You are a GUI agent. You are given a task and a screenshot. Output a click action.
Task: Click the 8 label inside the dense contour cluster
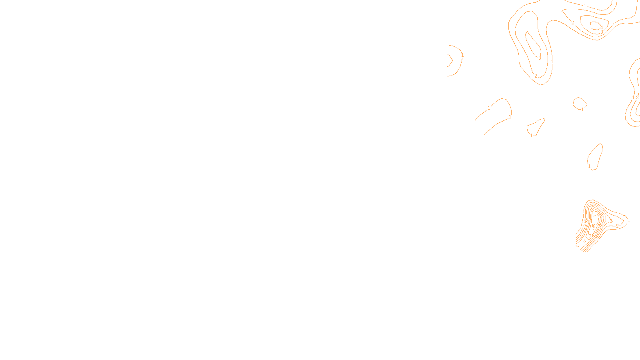[x=594, y=226]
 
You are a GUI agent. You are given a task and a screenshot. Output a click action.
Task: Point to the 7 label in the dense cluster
[x=590, y=236]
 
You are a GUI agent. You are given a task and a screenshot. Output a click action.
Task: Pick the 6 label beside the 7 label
[x=594, y=236]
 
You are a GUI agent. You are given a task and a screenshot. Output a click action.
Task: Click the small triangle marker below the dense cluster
[x=585, y=241]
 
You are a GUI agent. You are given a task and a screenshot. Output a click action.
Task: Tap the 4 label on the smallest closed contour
[x=601, y=28]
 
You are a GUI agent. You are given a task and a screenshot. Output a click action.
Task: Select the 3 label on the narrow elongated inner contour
[x=540, y=58]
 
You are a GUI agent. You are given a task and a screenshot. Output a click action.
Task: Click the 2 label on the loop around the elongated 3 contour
[x=536, y=76]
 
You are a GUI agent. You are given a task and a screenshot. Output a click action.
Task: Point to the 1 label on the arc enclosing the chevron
[x=462, y=55]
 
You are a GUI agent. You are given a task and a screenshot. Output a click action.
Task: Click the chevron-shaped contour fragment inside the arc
[x=450, y=60]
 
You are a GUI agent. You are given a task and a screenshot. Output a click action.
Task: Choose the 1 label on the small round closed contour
[x=582, y=109]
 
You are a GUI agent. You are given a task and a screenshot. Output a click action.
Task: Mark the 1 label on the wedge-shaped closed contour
[x=531, y=136]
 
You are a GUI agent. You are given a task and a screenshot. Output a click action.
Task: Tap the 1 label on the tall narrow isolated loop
[x=589, y=166]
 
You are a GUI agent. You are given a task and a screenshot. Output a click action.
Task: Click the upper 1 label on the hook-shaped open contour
[x=489, y=108]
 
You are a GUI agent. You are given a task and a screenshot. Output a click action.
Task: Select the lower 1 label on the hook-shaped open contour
[x=510, y=117]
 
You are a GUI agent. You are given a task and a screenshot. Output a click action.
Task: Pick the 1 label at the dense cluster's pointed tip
[x=629, y=220]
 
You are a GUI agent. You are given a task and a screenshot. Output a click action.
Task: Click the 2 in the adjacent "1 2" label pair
[x=637, y=98]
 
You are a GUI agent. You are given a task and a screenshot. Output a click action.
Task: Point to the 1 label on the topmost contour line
[x=585, y=6]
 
